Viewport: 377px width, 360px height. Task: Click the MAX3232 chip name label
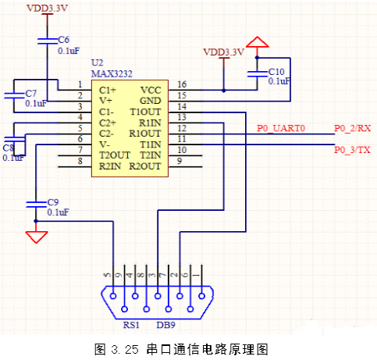[x=112, y=74]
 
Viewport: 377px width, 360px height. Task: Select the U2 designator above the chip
[x=98, y=62]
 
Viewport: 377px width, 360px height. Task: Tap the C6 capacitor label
[x=63, y=40]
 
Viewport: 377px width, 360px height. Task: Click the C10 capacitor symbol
[x=257, y=74]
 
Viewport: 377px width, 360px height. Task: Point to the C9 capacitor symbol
[x=36, y=205]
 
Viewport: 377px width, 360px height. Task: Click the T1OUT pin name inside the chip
[x=145, y=112]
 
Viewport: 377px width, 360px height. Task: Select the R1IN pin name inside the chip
[x=150, y=123]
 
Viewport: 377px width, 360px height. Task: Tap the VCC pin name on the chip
[x=151, y=91]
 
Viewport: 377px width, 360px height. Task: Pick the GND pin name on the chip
[x=151, y=101]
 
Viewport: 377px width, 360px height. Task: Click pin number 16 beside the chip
[x=182, y=84]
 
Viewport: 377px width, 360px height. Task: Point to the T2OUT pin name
[x=115, y=155]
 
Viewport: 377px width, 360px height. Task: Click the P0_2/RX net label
[x=352, y=128]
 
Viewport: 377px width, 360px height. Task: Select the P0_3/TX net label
[x=352, y=150]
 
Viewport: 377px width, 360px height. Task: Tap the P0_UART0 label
[x=281, y=128]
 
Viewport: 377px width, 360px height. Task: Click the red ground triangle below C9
[x=37, y=237]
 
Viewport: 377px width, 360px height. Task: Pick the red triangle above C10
[x=258, y=42]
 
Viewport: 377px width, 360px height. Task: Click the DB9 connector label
[x=165, y=325]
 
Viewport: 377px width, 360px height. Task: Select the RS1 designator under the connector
[x=131, y=325]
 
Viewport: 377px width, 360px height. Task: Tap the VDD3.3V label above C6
[x=47, y=8]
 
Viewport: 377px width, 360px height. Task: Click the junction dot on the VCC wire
[x=224, y=91]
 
